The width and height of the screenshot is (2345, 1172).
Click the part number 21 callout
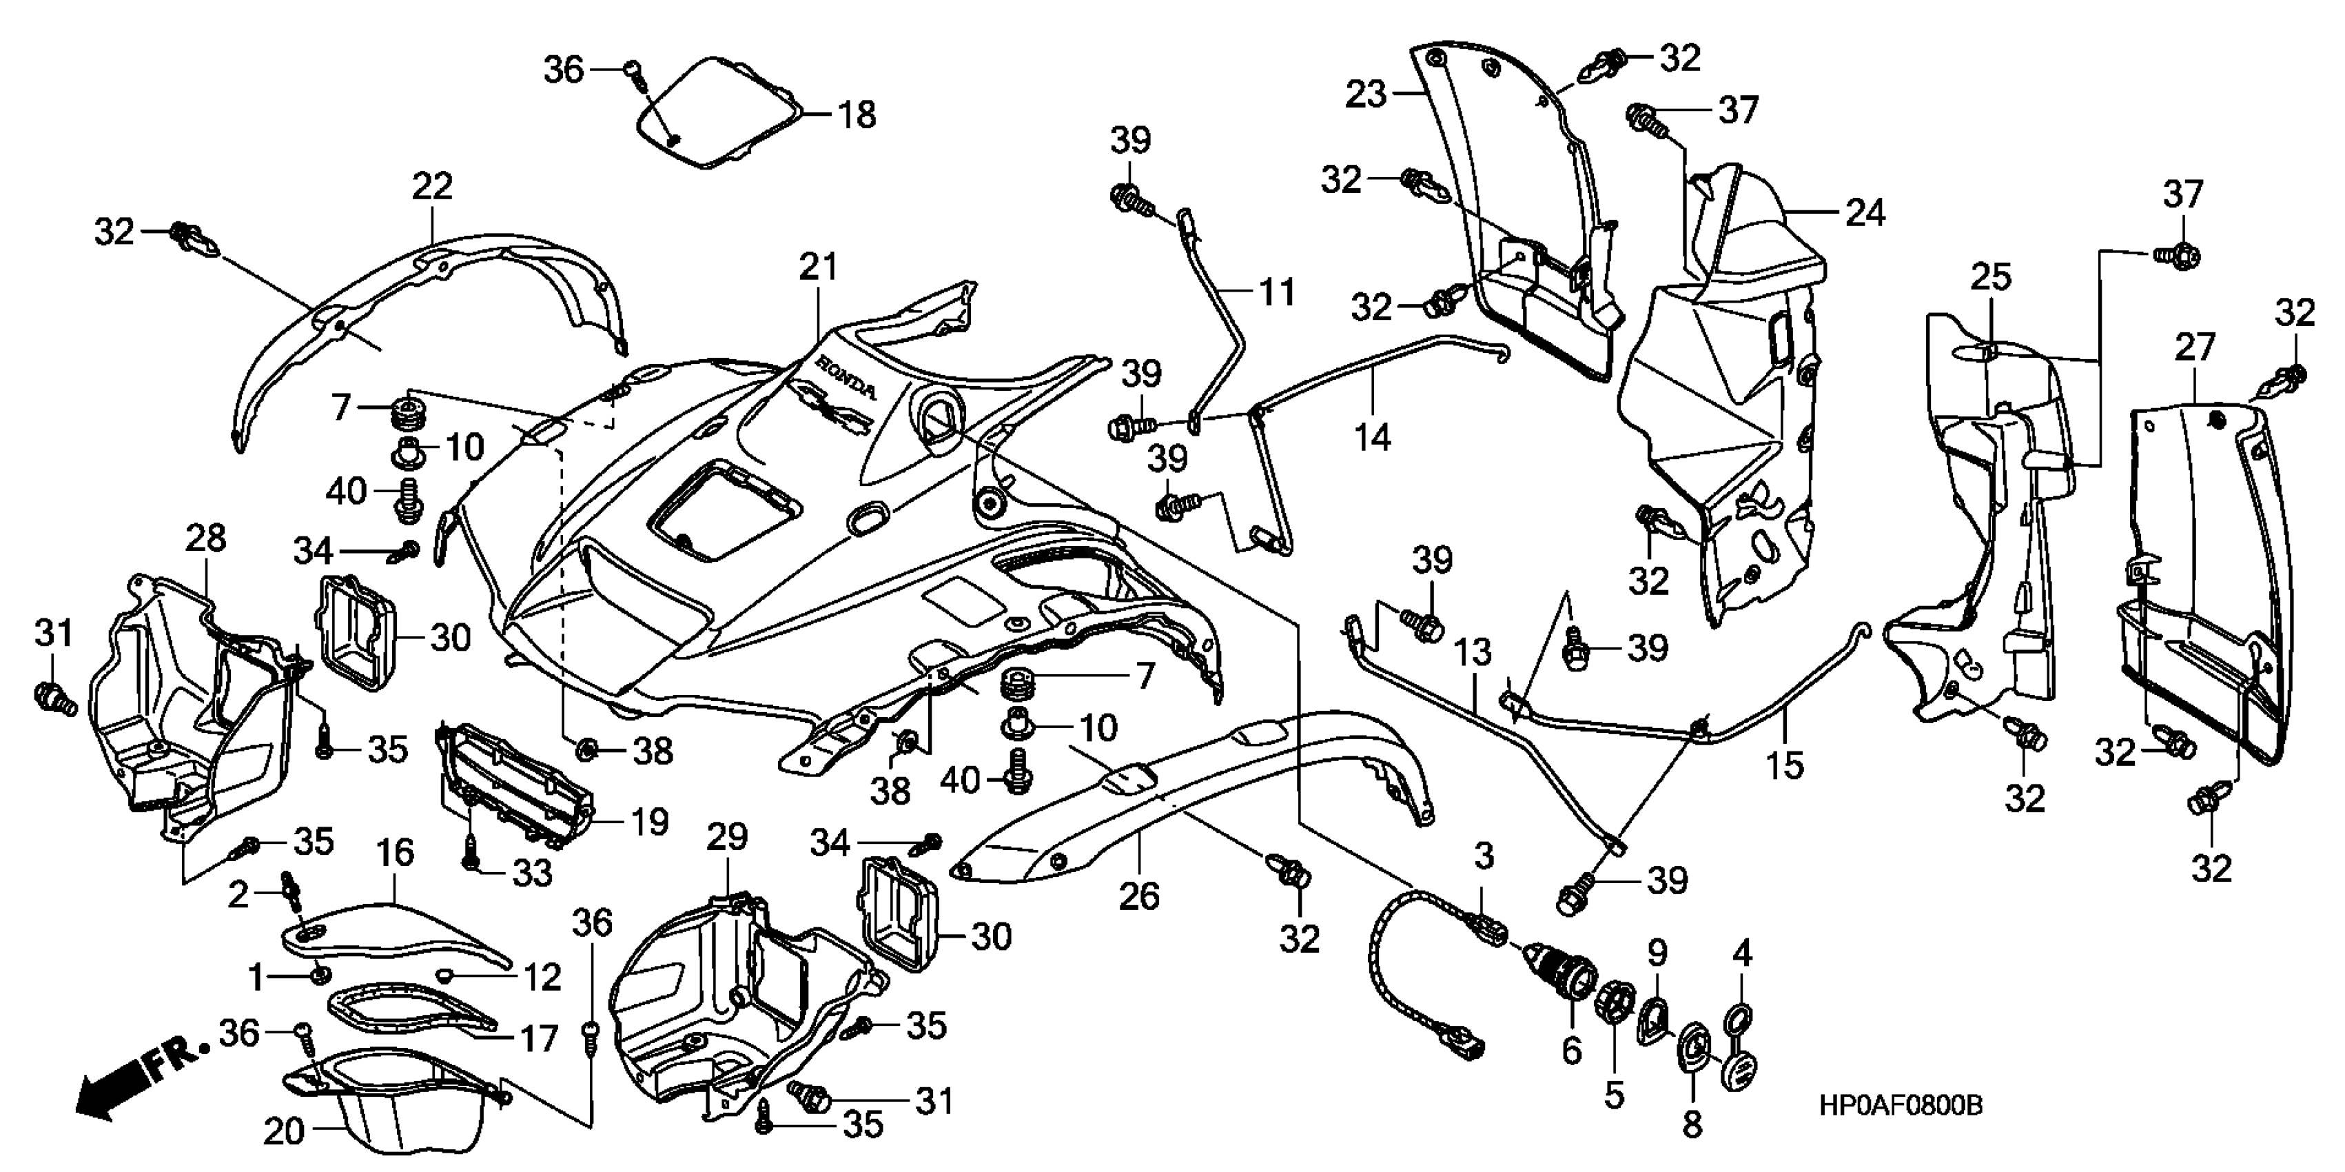click(817, 267)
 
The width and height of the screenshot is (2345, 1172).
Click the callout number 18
click(857, 116)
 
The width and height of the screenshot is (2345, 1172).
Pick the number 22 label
click(431, 187)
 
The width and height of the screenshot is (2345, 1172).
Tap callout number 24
click(1864, 213)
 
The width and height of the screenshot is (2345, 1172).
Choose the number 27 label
click(2194, 347)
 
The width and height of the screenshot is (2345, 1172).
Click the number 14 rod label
click(1372, 437)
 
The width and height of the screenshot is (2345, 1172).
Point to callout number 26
click(1139, 896)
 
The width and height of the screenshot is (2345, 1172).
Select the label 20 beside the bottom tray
click(283, 1132)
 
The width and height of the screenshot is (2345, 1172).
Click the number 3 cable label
click(1484, 856)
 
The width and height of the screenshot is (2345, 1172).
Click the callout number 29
click(728, 837)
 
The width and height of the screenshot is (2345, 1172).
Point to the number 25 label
click(1990, 278)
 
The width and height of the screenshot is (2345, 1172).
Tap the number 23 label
click(1366, 94)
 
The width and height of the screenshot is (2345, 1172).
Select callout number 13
click(1472, 652)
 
